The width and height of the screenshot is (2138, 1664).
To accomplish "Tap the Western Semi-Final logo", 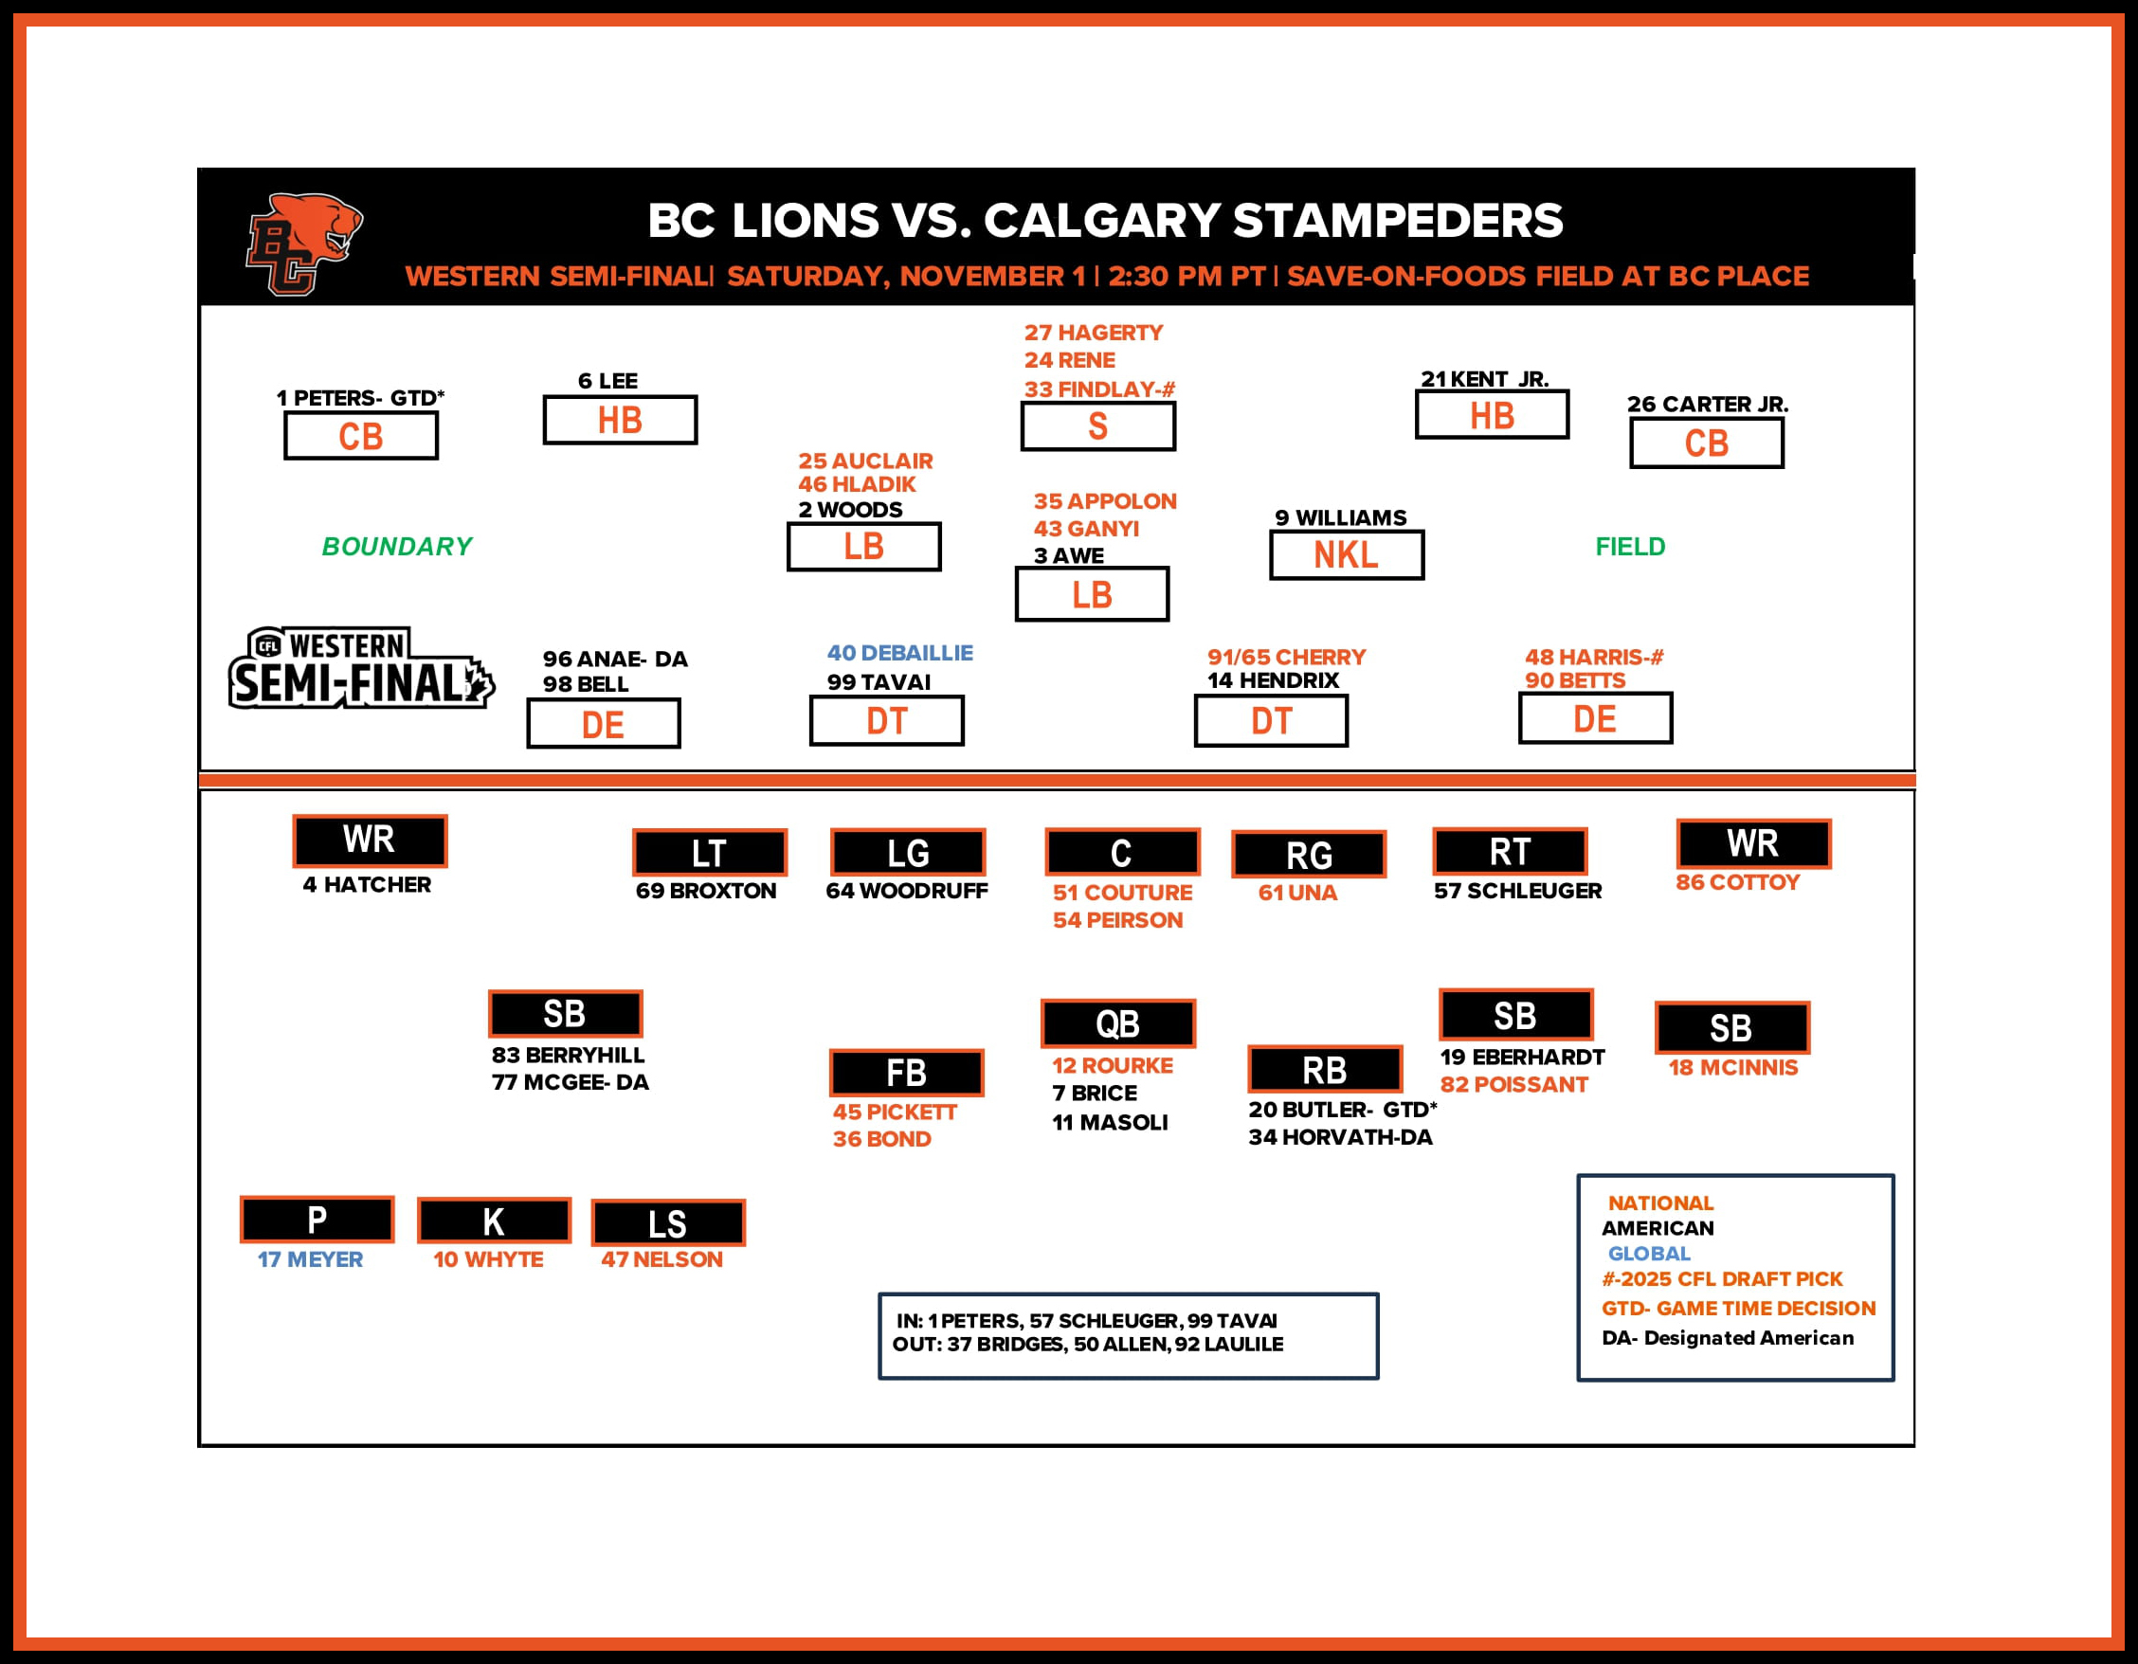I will tap(360, 668).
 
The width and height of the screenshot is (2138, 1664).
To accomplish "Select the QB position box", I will tap(1118, 1023).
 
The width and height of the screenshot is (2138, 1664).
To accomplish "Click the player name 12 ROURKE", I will tap(1112, 1066).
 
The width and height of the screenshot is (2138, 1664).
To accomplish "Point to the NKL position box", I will tap(1346, 555).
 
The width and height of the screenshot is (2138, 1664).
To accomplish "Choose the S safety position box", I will tap(1098, 426).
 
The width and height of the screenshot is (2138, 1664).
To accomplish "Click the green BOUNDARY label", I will tap(396, 546).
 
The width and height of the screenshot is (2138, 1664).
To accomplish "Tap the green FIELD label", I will tap(1630, 546).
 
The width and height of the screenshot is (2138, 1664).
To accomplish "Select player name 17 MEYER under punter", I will tap(309, 1259).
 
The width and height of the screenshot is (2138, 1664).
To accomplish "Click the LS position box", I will tap(667, 1223).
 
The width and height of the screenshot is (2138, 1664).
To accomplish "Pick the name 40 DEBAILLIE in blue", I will tap(899, 653).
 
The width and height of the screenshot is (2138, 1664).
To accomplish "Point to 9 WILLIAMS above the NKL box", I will tap(1340, 517).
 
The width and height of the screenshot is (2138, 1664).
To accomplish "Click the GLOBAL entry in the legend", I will tap(1649, 1254).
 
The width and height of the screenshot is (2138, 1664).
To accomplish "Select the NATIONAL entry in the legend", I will tap(1660, 1203).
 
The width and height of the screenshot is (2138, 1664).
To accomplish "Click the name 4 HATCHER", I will tap(367, 885).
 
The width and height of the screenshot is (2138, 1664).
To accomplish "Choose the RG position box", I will tap(1309, 856).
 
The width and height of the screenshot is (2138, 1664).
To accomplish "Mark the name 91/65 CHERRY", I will tap(1286, 657).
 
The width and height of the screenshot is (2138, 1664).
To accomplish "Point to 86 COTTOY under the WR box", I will tap(1738, 883).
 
